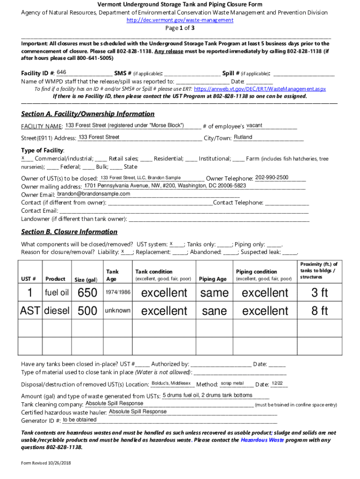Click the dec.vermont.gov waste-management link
point(180,20)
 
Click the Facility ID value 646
point(61,73)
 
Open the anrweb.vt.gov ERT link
point(259,88)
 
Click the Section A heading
point(87,114)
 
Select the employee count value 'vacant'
point(254,125)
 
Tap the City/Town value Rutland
point(243,137)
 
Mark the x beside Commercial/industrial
point(23,158)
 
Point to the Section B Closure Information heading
point(69,232)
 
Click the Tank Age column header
point(112,275)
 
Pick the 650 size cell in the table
point(87,293)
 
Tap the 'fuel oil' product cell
point(57,293)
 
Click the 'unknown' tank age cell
point(117,311)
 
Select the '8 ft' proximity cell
point(320,311)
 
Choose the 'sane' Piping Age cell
point(214,311)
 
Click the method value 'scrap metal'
point(232,383)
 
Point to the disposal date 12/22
point(277,383)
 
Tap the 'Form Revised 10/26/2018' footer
point(45,463)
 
